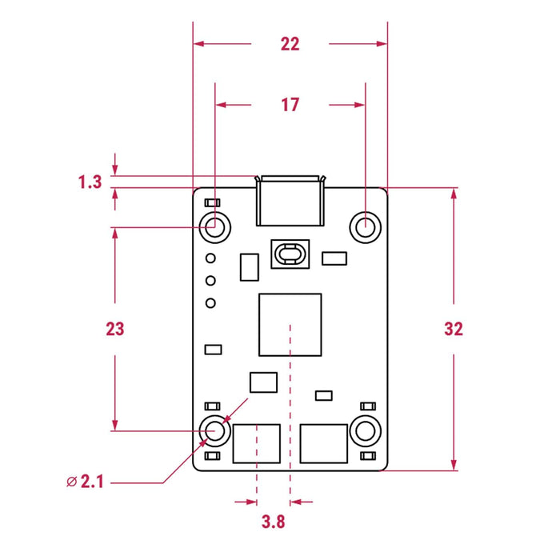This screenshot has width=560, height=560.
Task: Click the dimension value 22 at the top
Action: click(290, 44)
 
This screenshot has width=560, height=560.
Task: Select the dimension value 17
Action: click(290, 104)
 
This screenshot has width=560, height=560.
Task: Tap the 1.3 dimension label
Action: click(90, 182)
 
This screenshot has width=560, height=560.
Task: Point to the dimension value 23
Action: click(115, 329)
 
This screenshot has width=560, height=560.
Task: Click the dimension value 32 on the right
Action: click(454, 329)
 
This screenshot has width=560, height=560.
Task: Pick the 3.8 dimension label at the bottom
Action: click(274, 522)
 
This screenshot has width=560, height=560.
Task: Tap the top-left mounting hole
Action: click(215, 226)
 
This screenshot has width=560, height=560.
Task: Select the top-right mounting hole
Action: click(365, 226)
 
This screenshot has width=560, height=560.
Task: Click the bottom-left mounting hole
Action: click(215, 431)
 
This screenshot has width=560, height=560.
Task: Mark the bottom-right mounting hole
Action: click(365, 431)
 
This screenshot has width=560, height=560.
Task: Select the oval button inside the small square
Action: click(290, 254)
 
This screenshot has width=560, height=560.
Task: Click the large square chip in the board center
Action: click(290, 325)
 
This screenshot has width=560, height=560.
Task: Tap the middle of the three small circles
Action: click(211, 280)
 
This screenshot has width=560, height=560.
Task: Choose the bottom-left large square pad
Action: click(256, 444)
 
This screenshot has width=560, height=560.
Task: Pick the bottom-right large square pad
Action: click(324, 444)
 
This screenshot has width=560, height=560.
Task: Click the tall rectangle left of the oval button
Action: click(250, 267)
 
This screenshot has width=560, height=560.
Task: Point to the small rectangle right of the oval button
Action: click(334, 258)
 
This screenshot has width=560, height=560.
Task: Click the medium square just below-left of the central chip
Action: click(263, 382)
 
